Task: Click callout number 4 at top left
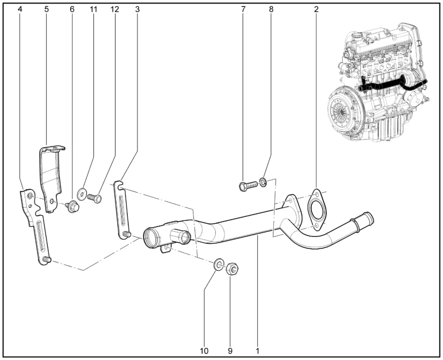coord(20,10)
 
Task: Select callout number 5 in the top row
coord(47,10)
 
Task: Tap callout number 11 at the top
coord(93,10)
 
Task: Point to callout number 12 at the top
coord(114,10)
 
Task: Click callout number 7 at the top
coord(243,10)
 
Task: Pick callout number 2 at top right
coord(316,10)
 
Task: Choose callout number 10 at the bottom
coord(204,350)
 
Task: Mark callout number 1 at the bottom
coord(258,350)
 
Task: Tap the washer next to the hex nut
coord(219,265)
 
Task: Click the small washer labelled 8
coord(263,183)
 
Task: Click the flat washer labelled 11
coord(81,194)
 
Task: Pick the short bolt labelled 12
coord(96,198)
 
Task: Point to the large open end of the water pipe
coord(152,238)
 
